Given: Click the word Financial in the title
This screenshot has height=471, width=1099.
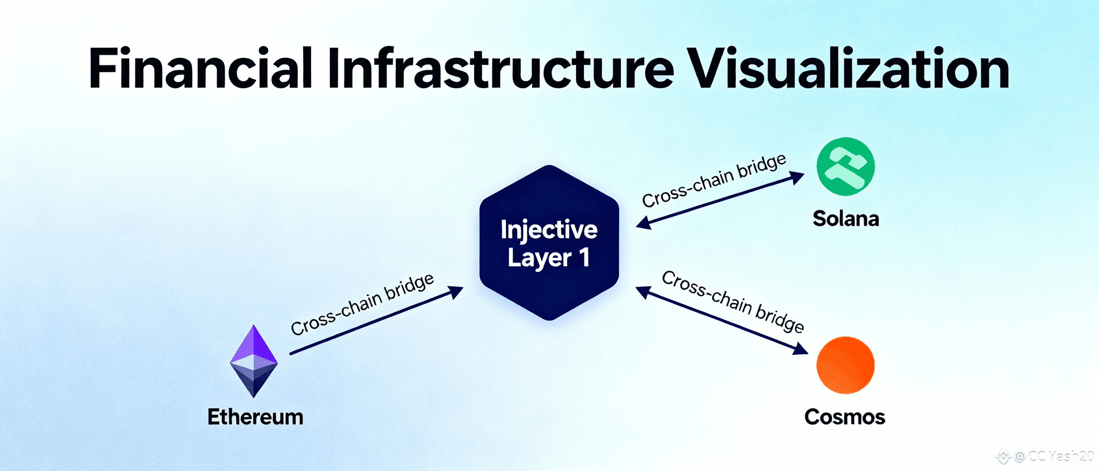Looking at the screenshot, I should point(200,69).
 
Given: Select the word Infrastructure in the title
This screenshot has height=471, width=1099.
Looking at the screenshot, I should point(500,69).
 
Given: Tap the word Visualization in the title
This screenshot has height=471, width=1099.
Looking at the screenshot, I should point(848,69).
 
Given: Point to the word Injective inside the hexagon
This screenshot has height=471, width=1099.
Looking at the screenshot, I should point(549,230).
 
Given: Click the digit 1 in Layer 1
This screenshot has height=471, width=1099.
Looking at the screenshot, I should point(584,258).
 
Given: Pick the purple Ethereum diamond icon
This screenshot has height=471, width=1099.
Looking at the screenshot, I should point(254,361).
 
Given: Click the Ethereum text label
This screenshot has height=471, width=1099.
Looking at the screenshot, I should point(255,417).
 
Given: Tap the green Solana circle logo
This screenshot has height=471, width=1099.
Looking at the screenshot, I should point(845,167).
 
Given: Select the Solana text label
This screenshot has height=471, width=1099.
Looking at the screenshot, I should point(845,218).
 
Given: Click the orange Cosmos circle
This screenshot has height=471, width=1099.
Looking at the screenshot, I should point(845,365).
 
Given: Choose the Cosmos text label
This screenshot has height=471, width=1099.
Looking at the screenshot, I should point(844,417).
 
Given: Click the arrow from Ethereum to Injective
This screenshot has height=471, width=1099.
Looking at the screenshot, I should point(375,321).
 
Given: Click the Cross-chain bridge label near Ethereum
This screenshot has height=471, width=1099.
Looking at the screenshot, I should point(362,304).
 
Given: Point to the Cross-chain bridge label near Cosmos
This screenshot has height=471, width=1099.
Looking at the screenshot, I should point(733,301).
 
